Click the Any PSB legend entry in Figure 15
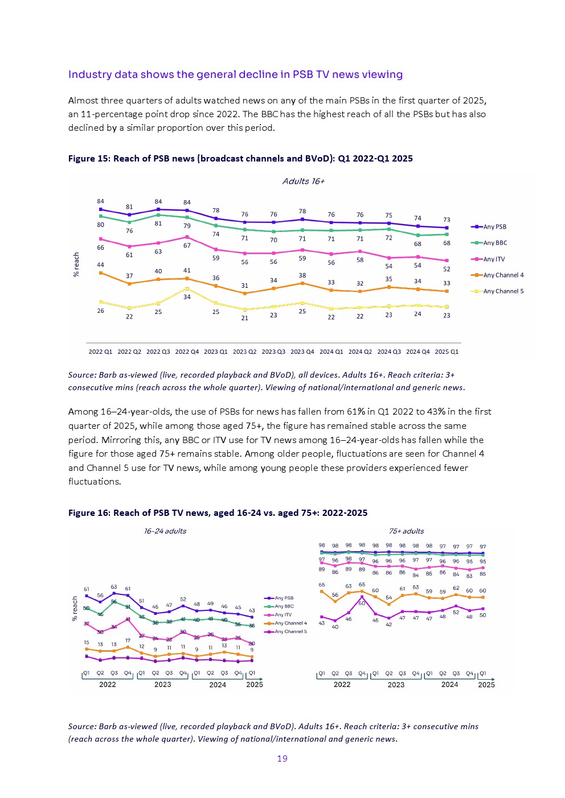[x=494, y=226]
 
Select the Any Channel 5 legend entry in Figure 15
[x=503, y=291]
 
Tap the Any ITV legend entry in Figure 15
[x=494, y=259]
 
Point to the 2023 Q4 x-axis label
[x=302, y=352]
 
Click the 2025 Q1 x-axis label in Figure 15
[x=447, y=352]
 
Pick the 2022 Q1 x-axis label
[x=100, y=352]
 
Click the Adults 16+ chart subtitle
[x=304, y=181]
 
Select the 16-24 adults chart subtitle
[x=165, y=531]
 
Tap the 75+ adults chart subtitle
[x=406, y=531]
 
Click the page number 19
[x=282, y=758]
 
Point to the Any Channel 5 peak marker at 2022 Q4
[x=187, y=289]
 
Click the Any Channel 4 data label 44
[x=100, y=265]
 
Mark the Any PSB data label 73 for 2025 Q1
[x=447, y=220]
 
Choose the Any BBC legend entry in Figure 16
[x=284, y=606]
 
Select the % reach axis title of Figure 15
[x=76, y=265]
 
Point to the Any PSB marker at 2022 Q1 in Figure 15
[x=101, y=209]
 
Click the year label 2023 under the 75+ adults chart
[x=396, y=685]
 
